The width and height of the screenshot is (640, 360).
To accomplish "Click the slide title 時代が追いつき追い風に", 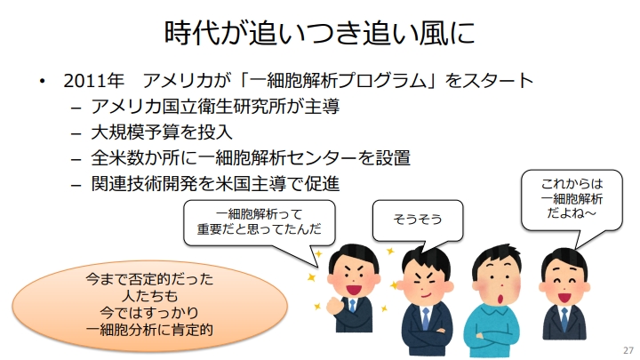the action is click(320, 32).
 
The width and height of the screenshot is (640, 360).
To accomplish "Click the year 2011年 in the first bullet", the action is click(93, 80).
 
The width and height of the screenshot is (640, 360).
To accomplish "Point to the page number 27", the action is click(628, 350).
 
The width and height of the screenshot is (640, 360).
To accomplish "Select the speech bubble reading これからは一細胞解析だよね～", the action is click(572, 200).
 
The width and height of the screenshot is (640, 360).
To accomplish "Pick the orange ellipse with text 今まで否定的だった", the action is click(150, 305).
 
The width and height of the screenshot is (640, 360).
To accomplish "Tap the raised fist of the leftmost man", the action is click(335, 305).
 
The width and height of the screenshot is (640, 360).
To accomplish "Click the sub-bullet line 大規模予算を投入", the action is click(162, 132).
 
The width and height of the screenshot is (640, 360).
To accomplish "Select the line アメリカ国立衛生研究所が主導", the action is click(215, 107).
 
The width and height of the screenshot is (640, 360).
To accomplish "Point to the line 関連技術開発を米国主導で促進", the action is click(215, 184).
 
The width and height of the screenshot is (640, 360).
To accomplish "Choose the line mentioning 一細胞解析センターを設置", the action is click(251, 158).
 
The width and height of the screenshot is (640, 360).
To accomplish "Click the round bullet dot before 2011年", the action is click(42, 81).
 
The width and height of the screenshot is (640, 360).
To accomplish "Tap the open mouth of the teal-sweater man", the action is click(500, 299).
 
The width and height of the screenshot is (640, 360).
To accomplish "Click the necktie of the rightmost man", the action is click(564, 318).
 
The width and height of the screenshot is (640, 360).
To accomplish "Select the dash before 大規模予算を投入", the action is click(76, 133).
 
